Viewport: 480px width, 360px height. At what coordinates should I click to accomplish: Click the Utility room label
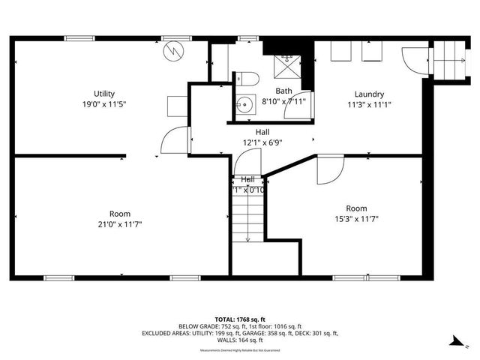pos(103,94)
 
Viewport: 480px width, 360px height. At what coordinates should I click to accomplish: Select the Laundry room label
pos(369,94)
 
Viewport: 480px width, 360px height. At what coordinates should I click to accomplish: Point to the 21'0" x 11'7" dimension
pos(120,223)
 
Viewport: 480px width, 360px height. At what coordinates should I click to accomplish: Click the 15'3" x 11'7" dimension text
pos(356,219)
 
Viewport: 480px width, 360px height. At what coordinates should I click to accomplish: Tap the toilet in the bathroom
pos(248,78)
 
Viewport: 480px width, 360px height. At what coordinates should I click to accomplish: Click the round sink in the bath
pos(244,106)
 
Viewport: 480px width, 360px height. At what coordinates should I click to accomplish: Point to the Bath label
pos(262,90)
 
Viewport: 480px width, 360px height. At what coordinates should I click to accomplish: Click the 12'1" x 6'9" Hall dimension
pos(262,142)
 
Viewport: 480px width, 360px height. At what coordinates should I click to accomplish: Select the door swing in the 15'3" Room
pos(328,170)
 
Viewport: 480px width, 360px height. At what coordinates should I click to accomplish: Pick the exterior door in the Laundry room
pos(413,60)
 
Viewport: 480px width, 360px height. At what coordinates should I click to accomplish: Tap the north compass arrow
pos(455,342)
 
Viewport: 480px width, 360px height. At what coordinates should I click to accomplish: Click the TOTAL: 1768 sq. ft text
pos(240,319)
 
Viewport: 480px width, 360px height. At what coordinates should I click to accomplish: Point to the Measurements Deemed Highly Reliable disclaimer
pos(240,348)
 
